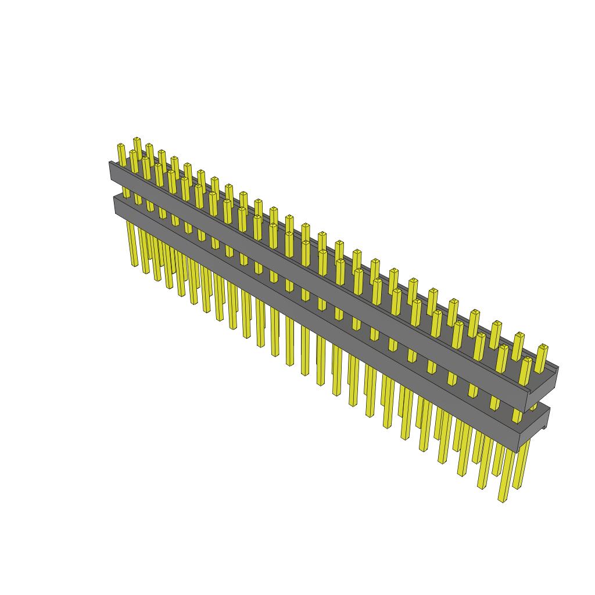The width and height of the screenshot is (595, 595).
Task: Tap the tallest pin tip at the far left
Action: (137, 139)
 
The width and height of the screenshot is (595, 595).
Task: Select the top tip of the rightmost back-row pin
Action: (542, 347)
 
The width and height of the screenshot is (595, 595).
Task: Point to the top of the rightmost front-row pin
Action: (526, 360)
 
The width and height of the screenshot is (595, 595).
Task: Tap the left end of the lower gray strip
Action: (116, 204)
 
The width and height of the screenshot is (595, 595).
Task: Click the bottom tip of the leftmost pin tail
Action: (134, 265)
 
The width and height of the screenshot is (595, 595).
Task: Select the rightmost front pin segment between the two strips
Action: (517, 415)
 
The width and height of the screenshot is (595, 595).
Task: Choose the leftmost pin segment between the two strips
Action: (126, 192)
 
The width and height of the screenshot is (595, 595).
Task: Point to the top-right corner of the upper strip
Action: (558, 367)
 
